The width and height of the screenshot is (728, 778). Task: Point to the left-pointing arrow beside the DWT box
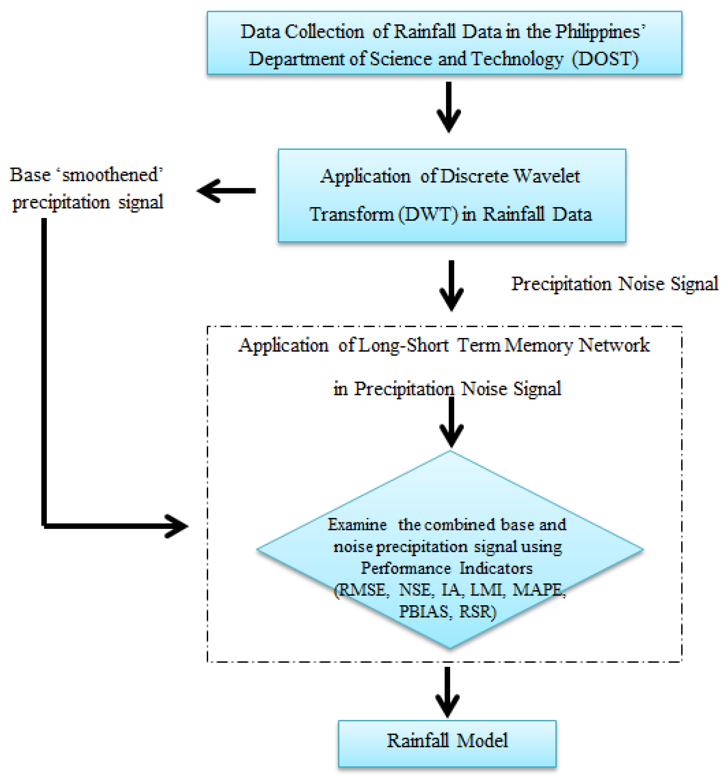(x=226, y=191)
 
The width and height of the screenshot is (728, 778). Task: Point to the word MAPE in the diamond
(x=538, y=590)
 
